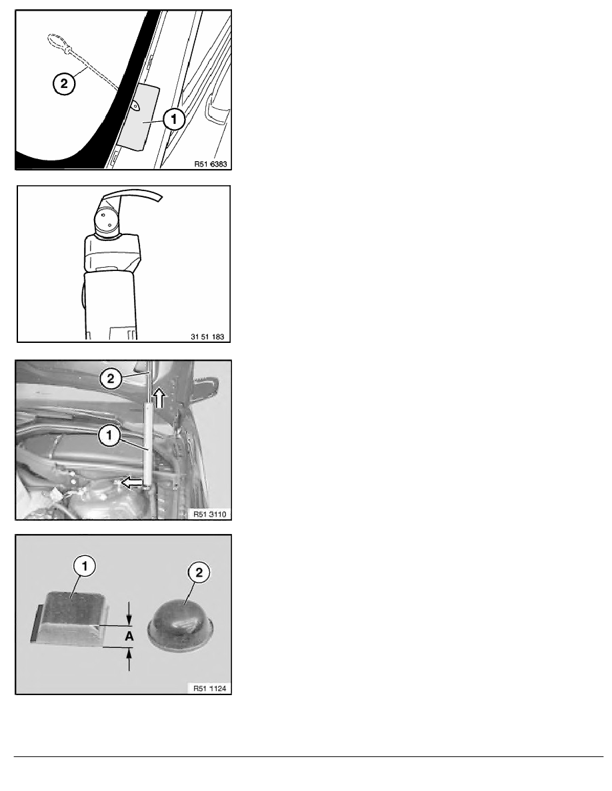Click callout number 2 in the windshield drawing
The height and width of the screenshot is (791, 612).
click(63, 83)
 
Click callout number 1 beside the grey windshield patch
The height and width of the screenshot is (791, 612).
click(174, 120)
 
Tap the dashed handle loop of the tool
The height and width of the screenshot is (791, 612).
click(56, 41)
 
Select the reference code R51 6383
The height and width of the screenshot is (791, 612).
click(211, 163)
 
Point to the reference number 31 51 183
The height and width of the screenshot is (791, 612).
click(207, 336)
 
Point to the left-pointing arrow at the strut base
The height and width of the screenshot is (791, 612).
click(132, 483)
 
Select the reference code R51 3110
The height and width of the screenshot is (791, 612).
click(209, 514)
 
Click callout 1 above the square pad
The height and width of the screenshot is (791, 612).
click(85, 566)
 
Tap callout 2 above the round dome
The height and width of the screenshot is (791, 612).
click(199, 573)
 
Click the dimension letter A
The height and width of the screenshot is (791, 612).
click(129, 636)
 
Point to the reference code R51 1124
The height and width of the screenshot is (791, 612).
click(209, 688)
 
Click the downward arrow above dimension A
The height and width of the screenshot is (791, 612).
click(130, 613)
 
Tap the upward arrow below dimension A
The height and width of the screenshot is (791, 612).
click(130, 659)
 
